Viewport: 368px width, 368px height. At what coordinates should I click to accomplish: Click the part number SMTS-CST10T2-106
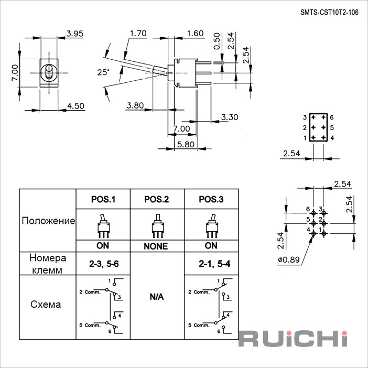(329, 13)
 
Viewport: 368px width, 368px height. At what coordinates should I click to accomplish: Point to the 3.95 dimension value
(75, 34)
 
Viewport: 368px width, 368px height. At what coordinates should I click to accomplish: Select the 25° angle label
(103, 72)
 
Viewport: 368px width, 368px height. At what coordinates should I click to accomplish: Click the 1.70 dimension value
(138, 34)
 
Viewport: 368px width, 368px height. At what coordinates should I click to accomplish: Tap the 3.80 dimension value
(135, 105)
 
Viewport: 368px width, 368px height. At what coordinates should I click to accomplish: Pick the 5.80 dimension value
(186, 144)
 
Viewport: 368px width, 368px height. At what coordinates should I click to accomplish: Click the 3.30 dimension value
(230, 117)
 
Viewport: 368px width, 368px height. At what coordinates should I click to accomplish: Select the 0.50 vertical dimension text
(217, 41)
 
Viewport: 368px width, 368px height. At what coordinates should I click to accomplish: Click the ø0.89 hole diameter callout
(289, 259)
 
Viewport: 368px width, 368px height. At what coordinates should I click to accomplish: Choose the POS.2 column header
(157, 199)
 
